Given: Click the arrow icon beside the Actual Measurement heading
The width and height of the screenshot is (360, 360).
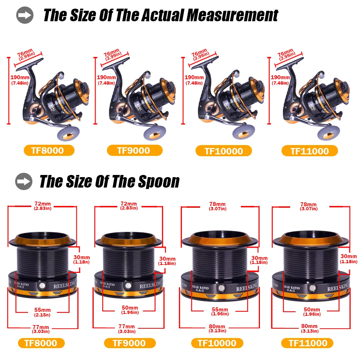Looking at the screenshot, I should tap(25, 15).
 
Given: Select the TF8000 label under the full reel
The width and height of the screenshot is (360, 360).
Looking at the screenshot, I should tap(49, 150).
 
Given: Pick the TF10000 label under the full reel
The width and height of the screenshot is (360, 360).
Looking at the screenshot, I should tap(224, 151).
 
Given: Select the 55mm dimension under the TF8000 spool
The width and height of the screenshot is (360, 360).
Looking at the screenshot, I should tap(42, 310).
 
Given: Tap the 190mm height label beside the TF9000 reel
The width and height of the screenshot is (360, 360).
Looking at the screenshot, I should tap(106, 77).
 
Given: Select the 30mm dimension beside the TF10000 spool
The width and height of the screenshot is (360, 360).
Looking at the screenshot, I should tap(260, 258).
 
